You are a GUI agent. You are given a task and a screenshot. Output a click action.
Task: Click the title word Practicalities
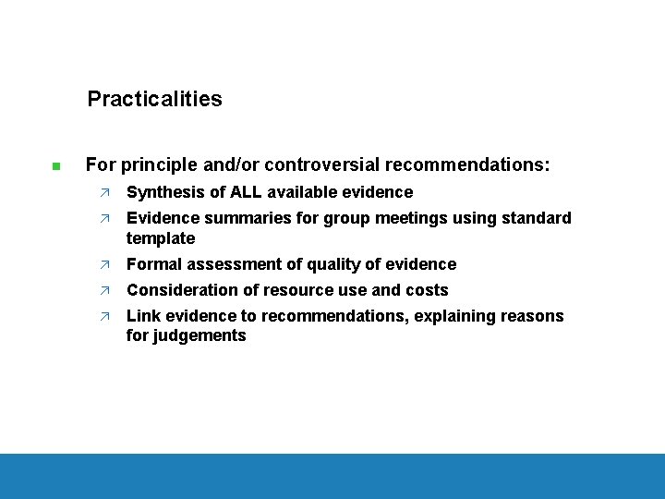(154, 99)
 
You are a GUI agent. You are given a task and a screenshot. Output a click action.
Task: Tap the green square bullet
(56, 167)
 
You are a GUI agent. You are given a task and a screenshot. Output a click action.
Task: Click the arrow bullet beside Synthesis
(106, 193)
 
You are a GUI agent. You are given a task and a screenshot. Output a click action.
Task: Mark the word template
(161, 238)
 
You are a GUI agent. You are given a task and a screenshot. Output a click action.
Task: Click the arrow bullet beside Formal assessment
(106, 265)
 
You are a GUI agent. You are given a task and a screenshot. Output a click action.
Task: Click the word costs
(425, 290)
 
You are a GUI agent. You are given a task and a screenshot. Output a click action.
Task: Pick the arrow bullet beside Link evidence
(106, 317)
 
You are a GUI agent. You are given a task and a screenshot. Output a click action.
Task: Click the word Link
(142, 316)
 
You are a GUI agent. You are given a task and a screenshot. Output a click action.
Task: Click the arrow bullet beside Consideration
(106, 291)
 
